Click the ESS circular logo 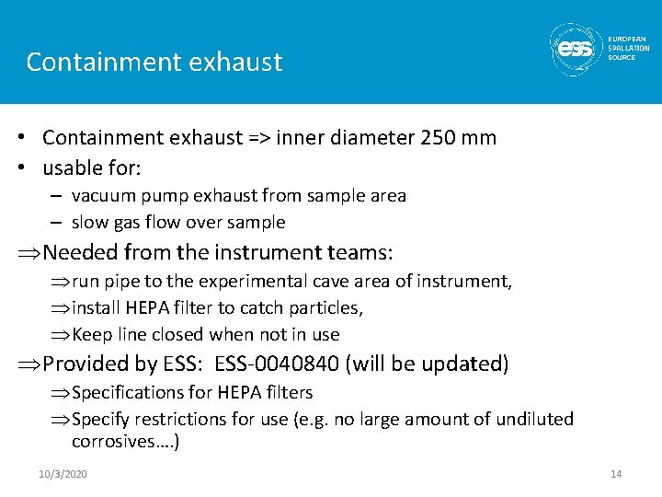576,49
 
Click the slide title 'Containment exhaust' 154,62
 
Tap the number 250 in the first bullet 437,138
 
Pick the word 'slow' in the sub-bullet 89,222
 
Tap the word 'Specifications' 128,392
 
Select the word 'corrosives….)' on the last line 125,442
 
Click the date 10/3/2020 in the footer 63,473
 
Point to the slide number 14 616,473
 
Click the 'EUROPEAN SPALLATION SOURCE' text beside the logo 628,48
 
